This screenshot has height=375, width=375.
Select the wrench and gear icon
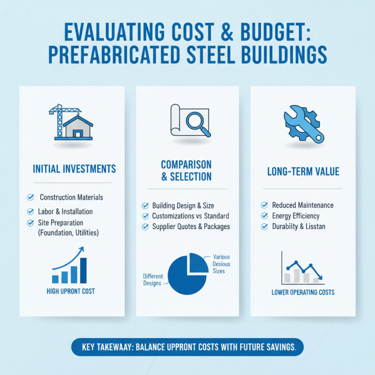coord(302,124)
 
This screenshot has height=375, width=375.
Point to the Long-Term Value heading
coord(303,172)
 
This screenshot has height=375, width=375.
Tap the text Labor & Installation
coord(65,211)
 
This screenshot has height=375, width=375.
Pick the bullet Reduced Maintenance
coord(303,205)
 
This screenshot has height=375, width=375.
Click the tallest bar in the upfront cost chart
coord(83,270)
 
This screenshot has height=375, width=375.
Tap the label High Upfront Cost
coord(71,291)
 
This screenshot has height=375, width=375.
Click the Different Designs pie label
coord(152,279)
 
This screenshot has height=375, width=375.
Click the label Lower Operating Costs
coord(303,292)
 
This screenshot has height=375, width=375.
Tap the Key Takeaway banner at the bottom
coord(187,347)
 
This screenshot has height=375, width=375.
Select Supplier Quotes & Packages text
coord(191,227)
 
